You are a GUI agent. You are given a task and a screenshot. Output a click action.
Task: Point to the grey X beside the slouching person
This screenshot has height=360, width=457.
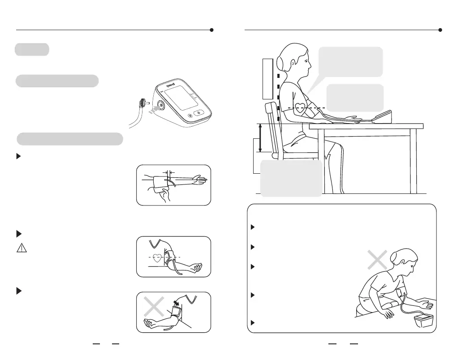[x=377, y=260]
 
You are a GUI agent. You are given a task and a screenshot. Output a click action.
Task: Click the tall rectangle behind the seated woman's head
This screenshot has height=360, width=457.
[x=267, y=78]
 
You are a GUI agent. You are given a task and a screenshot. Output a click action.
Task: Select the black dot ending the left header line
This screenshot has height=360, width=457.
[x=211, y=30]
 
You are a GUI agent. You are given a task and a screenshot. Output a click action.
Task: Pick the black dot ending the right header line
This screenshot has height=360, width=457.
[x=440, y=30]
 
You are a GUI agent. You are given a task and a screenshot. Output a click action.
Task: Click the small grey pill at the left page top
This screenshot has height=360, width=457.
[x=32, y=49]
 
